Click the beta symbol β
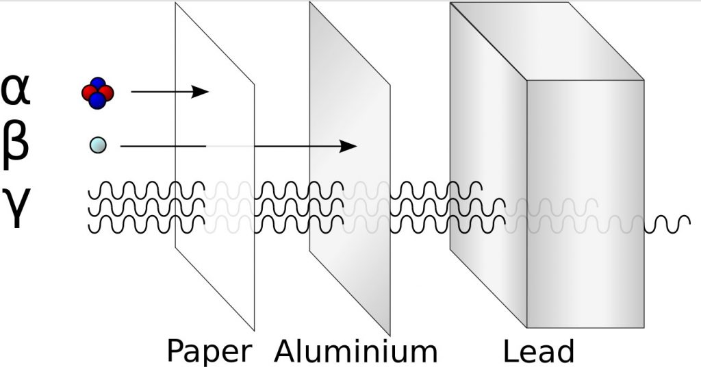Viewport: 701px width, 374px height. click(x=16, y=145)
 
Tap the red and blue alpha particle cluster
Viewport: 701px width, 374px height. click(x=98, y=92)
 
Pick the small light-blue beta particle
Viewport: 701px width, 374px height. click(x=98, y=145)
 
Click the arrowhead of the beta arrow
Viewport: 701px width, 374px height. click(x=349, y=146)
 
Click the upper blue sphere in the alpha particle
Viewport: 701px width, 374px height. click(x=99, y=85)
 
